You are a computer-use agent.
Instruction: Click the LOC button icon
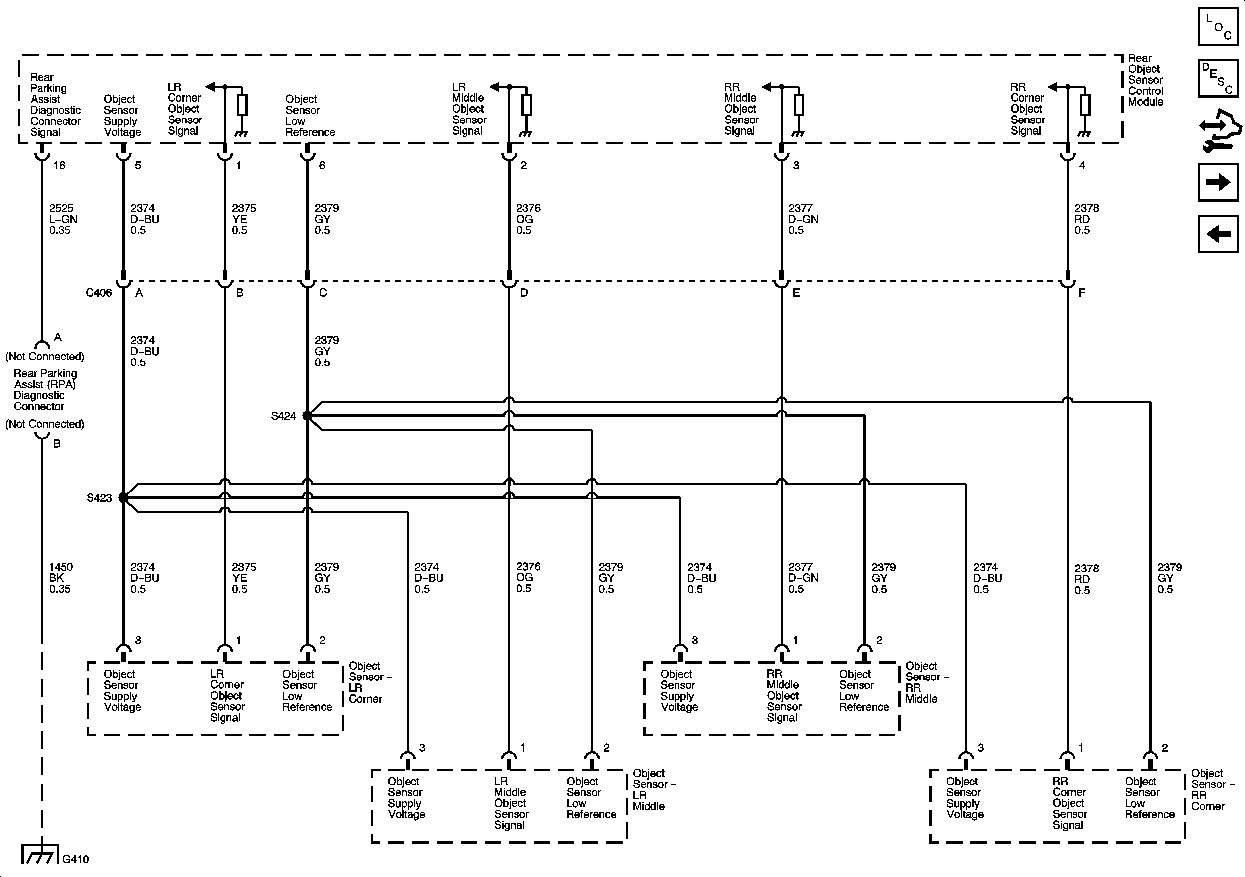pyautogui.click(x=1218, y=26)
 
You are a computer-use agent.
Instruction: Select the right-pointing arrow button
pyautogui.click(x=1218, y=182)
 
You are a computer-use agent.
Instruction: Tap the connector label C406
pyautogui.click(x=99, y=293)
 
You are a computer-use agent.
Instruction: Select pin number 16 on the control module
pyautogui.click(x=59, y=165)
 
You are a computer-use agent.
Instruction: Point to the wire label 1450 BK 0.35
pyautogui.click(x=60, y=578)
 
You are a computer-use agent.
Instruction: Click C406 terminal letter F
pyautogui.click(x=1082, y=293)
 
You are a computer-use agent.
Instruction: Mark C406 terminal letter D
pyautogui.click(x=524, y=293)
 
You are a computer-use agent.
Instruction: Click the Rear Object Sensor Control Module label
pyautogui.click(x=1145, y=80)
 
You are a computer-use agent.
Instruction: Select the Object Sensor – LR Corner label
pyautogui.click(x=369, y=682)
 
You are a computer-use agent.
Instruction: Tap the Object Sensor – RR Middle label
pyautogui.click(x=926, y=682)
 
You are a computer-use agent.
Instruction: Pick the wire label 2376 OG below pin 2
pyautogui.click(x=528, y=219)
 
